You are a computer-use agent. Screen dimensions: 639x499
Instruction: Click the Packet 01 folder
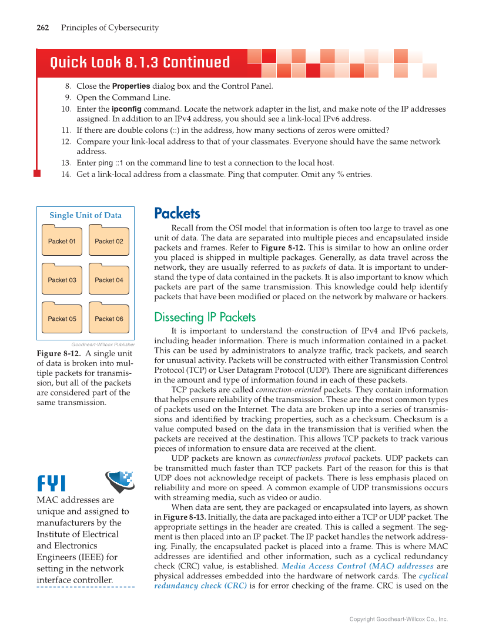coord(62,240)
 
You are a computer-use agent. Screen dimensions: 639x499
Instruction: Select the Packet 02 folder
coord(109,240)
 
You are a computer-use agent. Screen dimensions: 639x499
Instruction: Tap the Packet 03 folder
coord(62,279)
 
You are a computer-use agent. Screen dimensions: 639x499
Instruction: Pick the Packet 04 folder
coord(109,279)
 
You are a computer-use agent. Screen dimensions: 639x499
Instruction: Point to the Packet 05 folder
coord(62,318)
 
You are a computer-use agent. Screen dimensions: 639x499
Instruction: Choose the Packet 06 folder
coord(109,318)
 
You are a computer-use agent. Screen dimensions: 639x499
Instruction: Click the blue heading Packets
coord(177,213)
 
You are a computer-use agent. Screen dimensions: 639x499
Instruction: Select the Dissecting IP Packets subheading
coord(205,317)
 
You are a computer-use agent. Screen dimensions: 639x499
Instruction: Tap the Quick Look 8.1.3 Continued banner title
coord(140,63)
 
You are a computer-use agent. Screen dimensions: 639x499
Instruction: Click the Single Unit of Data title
coord(85,215)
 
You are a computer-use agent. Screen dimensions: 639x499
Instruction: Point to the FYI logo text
coord(52,483)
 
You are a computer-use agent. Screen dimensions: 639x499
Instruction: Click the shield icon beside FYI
coord(119,481)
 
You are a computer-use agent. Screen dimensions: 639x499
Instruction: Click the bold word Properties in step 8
coord(131,86)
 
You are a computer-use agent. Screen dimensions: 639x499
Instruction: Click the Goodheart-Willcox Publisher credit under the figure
coord(103,344)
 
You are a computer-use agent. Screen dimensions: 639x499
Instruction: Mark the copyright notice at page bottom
coord(398,619)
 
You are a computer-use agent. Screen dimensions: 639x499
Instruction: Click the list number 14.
coord(66,174)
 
